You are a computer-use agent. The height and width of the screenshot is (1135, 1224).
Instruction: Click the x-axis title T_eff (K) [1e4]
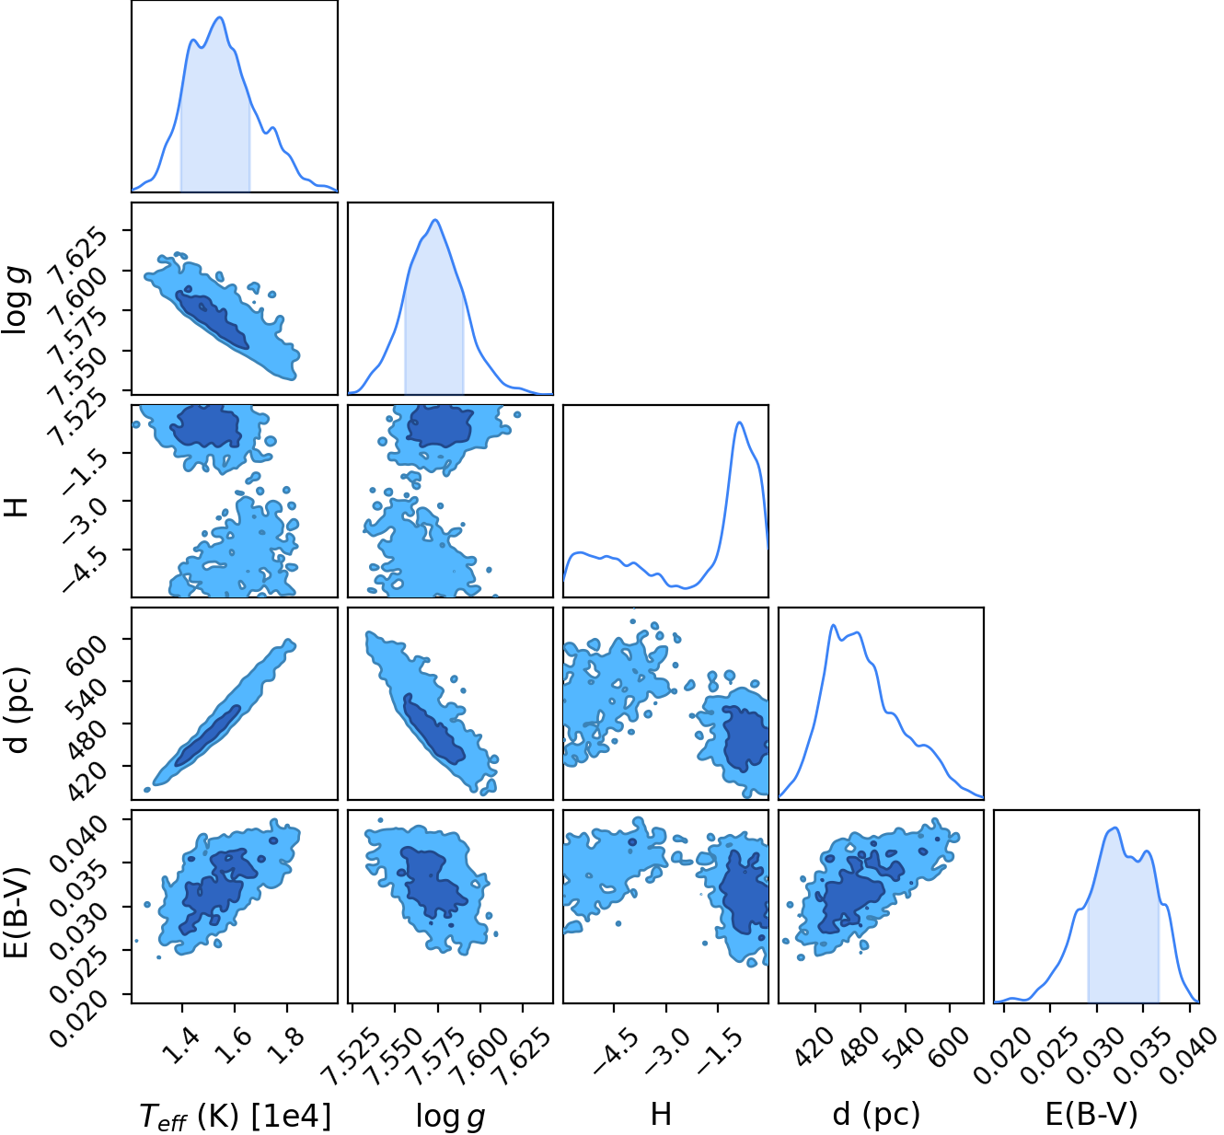coord(236,1115)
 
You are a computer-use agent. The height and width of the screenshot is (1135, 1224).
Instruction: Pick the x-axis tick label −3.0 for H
coord(667,1051)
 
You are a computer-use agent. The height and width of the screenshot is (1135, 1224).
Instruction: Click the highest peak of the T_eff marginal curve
coord(220,17)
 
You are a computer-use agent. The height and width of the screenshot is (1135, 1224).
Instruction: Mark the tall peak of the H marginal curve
coord(740,423)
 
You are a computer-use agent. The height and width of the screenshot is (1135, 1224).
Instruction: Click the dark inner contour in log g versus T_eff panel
coord(212,319)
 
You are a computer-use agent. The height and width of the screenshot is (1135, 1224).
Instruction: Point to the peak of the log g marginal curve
coord(435,219)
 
